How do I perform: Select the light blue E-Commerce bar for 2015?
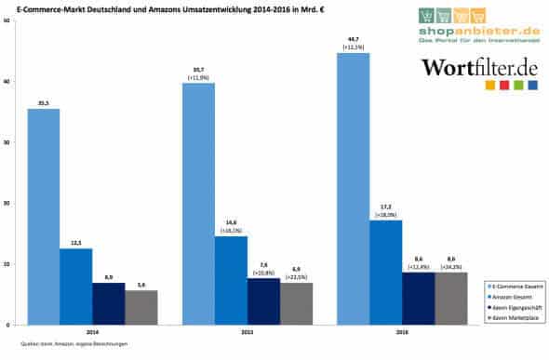[198, 204]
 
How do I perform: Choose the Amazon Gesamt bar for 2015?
[231, 280]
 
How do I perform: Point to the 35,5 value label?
[43, 103]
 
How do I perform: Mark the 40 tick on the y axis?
[7, 82]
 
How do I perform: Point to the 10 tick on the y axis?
[7, 264]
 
